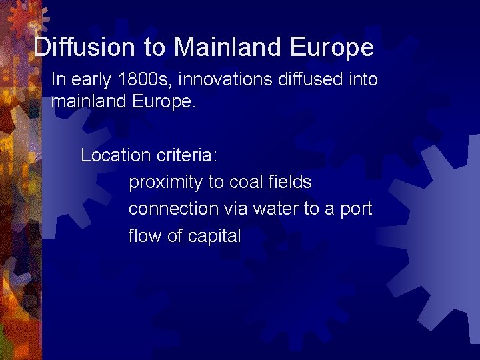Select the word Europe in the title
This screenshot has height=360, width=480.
coord(332,47)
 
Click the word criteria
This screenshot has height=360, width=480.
coord(187,155)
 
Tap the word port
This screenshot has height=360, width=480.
coord(355,209)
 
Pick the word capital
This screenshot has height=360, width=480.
coord(214,236)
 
